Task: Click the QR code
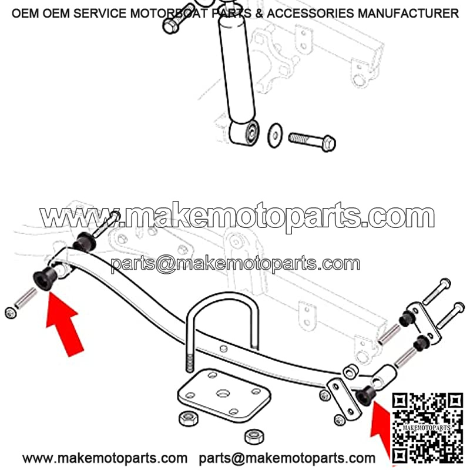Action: click(x=428, y=428)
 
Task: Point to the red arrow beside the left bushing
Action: click(x=64, y=324)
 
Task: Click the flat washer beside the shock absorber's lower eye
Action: click(x=274, y=135)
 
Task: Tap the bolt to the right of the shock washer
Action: click(x=312, y=142)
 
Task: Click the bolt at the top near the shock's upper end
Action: click(x=177, y=18)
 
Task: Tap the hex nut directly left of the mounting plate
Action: click(x=189, y=419)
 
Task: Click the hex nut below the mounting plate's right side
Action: click(x=254, y=437)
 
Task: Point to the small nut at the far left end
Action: click(x=11, y=313)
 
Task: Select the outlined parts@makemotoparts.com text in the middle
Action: click(x=236, y=264)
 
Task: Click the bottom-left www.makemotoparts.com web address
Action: click(x=105, y=458)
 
